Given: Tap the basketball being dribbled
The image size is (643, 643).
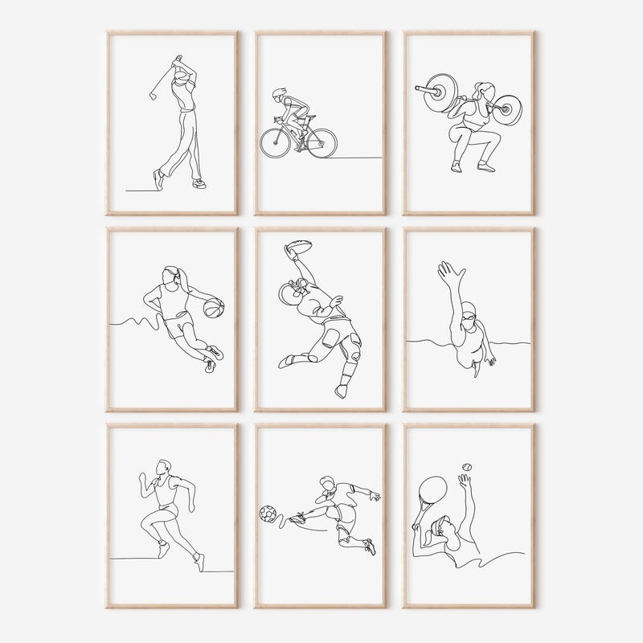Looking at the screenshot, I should (213, 309).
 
